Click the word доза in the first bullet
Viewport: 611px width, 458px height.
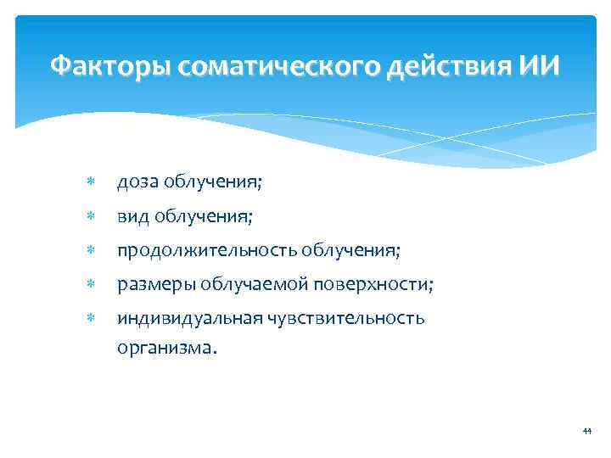tap(138, 182)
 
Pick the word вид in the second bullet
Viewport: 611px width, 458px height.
tap(133, 216)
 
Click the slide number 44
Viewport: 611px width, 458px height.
tap(586, 432)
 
